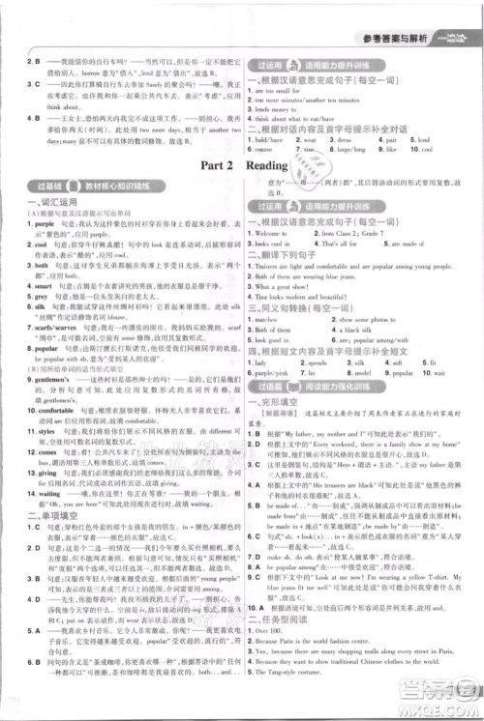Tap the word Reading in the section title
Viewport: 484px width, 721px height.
click(275, 165)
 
